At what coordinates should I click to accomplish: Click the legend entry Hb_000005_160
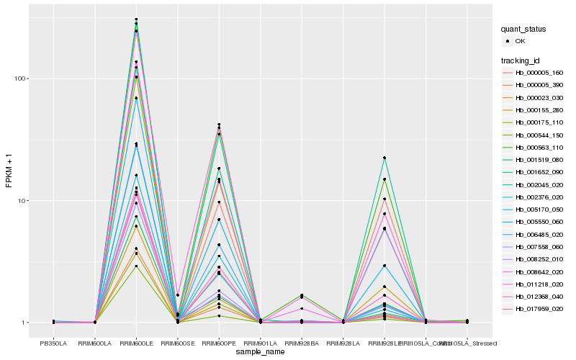coord(533,73)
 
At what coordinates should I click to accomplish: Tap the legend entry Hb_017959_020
coord(533,309)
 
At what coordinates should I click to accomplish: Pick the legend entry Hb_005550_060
coord(533,222)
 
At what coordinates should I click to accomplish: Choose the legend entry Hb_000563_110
coord(533,147)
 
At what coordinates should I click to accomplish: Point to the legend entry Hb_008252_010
coord(533,259)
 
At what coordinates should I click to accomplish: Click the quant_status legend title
coord(523,29)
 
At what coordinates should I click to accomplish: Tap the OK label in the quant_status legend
coord(520,41)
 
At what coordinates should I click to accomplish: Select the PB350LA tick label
coord(54,343)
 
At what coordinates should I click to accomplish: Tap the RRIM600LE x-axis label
coord(136,343)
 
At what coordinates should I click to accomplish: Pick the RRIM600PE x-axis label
coord(219,343)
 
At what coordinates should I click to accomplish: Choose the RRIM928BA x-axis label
coord(302,343)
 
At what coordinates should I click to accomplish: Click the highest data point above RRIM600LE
coord(136,19)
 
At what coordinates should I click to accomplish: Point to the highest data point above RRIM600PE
coord(219,125)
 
